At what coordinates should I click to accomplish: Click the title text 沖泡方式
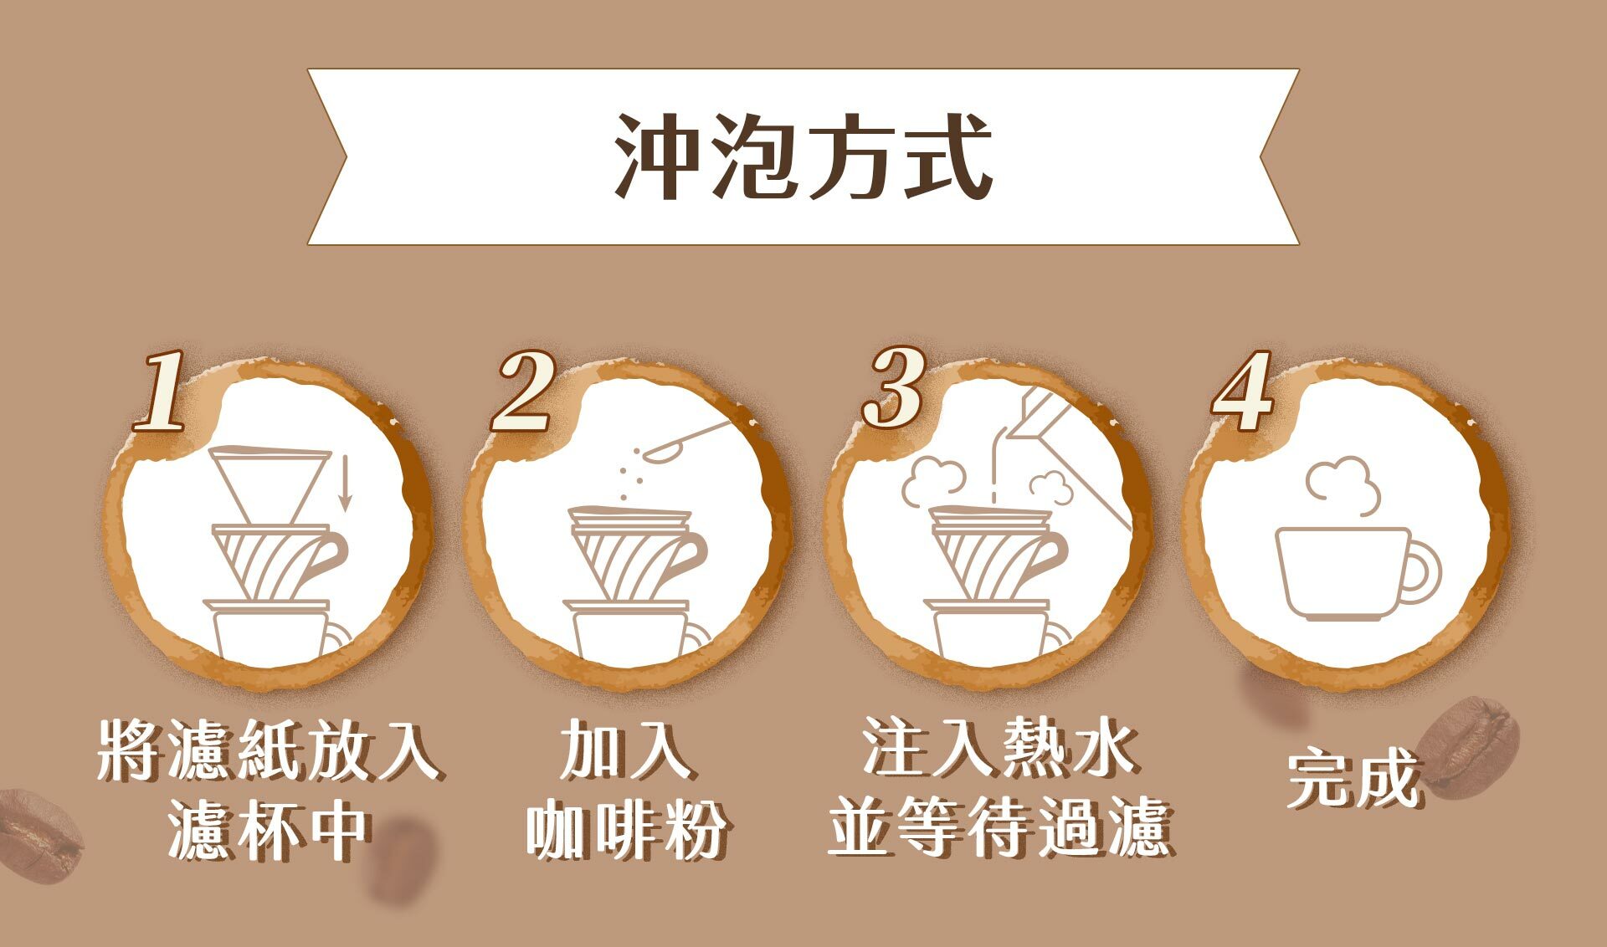[x=803, y=157]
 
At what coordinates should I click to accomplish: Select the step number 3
[x=894, y=389]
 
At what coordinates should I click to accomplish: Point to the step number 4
[x=1244, y=392]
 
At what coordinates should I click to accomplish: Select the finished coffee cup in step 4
[x=1343, y=574]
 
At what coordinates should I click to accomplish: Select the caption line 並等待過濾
[x=999, y=828]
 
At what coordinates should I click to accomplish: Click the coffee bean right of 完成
[x=1469, y=745]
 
